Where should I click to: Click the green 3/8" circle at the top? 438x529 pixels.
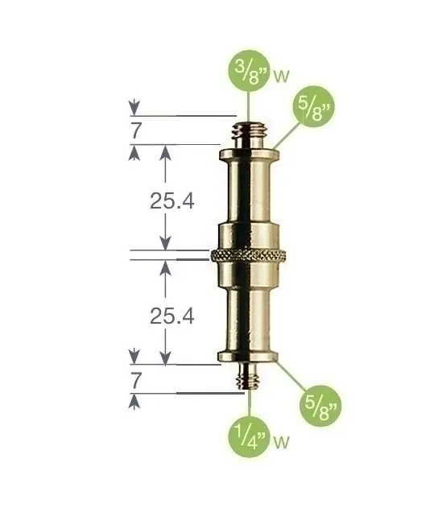(x=249, y=71)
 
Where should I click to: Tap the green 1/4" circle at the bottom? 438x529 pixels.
(x=250, y=437)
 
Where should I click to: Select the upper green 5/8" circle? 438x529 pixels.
(x=313, y=106)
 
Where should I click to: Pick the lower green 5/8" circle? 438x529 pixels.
(x=320, y=406)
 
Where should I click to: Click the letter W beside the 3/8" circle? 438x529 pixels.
(x=282, y=76)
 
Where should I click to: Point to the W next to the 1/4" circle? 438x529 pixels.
(x=282, y=442)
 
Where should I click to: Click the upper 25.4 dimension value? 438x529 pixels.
(x=172, y=201)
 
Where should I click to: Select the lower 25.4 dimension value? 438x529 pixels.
(x=172, y=316)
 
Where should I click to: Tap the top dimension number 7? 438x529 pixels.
(x=136, y=130)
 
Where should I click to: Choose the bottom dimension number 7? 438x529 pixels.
(x=136, y=381)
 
